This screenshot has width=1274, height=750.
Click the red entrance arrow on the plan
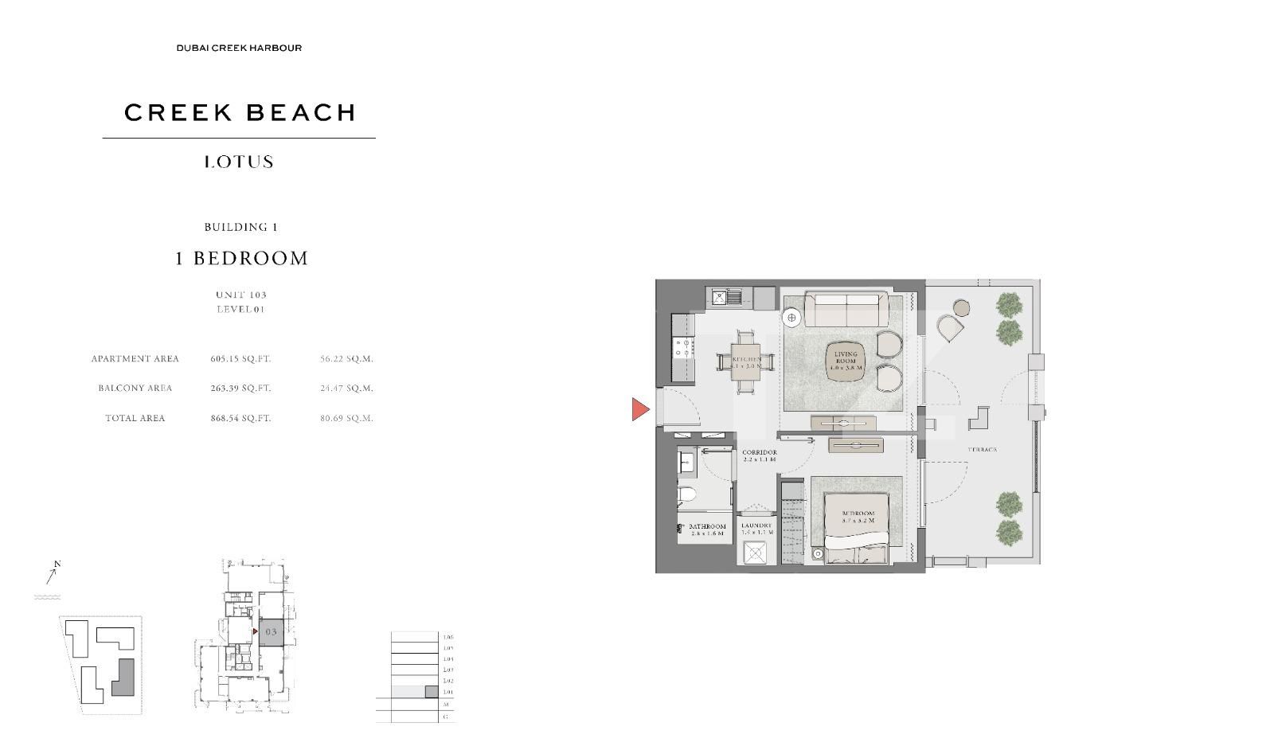click(639, 409)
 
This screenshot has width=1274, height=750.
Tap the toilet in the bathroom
click(686, 494)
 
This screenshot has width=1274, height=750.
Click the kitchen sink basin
click(720, 298)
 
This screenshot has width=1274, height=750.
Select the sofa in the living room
click(846, 309)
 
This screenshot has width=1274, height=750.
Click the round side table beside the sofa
click(792, 318)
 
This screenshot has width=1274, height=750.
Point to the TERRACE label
click(982, 450)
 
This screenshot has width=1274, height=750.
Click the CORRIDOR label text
click(759, 452)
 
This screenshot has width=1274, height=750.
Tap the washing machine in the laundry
click(754, 552)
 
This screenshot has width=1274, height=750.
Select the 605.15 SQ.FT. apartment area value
click(240, 359)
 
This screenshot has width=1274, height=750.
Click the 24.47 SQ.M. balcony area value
click(346, 389)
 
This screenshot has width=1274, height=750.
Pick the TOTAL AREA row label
click(135, 418)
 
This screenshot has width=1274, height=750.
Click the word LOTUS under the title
click(239, 162)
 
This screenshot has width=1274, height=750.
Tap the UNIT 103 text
click(240, 295)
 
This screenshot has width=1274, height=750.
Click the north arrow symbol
click(53, 572)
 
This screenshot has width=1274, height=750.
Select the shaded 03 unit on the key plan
click(271, 631)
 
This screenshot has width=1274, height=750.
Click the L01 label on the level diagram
click(447, 693)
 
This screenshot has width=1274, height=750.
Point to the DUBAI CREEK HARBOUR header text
click(239, 48)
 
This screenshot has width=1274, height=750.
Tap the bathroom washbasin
click(687, 461)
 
